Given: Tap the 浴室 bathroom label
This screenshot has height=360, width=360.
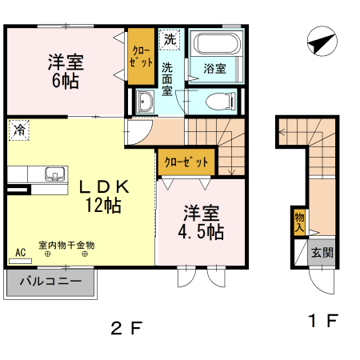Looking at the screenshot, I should [x=214, y=69].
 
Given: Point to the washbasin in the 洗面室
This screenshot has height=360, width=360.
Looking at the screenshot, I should [x=146, y=102].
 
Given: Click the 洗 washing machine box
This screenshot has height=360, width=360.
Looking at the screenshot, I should [x=170, y=38].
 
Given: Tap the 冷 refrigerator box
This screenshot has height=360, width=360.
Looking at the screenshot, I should [x=18, y=128].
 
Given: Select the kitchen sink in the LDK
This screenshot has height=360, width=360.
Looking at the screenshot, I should [x=54, y=174].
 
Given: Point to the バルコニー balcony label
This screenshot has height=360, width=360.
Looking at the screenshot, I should [x=51, y=282].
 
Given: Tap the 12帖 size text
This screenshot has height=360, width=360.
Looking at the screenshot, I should [x=103, y=205].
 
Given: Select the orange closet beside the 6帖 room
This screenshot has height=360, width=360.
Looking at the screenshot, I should [x=142, y=57].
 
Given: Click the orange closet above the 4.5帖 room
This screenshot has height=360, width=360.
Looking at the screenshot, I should [x=186, y=162].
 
